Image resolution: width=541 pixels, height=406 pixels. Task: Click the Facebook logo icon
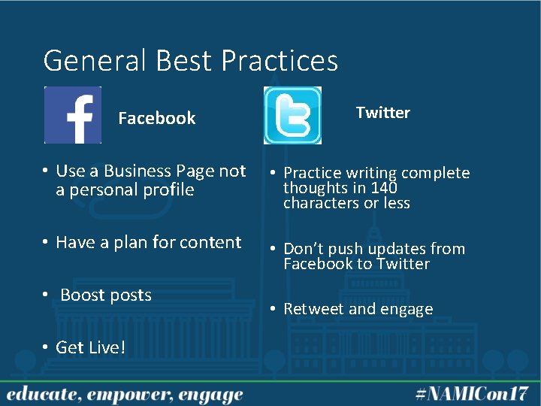point(73,115)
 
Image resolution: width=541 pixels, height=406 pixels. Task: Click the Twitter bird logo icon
point(292,115)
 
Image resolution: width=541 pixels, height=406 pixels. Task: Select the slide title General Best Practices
point(191,60)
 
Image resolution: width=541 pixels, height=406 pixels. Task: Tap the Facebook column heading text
point(156,118)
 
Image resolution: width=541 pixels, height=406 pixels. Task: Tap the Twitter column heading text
point(382,113)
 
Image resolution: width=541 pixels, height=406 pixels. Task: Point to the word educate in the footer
point(38,394)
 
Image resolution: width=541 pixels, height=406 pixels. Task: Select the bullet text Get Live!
point(90,347)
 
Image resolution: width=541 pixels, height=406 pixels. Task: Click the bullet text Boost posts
point(105,295)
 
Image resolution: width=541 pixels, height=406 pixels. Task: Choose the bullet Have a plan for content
point(148,242)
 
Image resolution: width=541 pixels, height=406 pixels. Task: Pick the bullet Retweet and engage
point(358,309)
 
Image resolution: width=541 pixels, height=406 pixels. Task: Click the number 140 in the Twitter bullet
point(382,188)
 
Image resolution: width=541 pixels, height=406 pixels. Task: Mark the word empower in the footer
point(129,395)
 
